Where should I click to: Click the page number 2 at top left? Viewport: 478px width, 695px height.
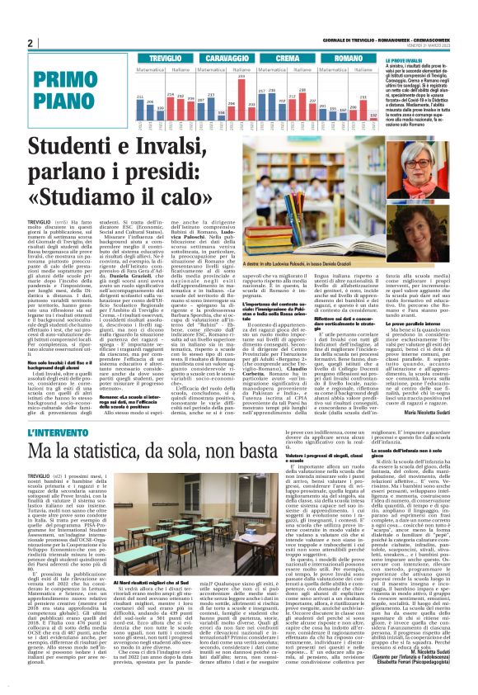point(30,43)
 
